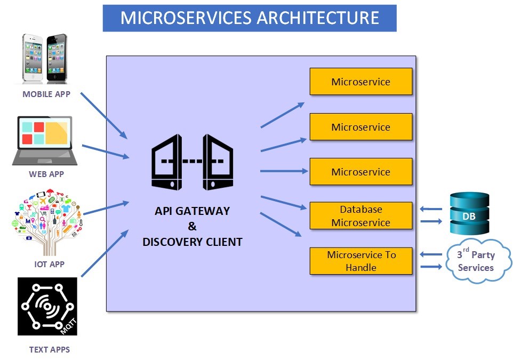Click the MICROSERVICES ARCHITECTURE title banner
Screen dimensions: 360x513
coord(250,18)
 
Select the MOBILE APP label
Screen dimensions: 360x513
coord(46,94)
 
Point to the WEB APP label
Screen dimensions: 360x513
coord(46,174)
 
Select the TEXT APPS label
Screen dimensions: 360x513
coord(49,350)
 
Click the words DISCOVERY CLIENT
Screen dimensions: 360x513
coord(193,242)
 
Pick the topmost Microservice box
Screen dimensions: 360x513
coord(361,82)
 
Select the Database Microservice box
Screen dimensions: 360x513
coord(361,216)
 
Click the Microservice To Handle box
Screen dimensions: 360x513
coord(361,261)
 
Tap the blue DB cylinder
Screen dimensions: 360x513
coord(469,213)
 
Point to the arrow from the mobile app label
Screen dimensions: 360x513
coord(104,114)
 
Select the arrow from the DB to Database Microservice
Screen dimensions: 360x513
coord(431,210)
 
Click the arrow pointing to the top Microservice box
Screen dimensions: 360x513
coord(283,115)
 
